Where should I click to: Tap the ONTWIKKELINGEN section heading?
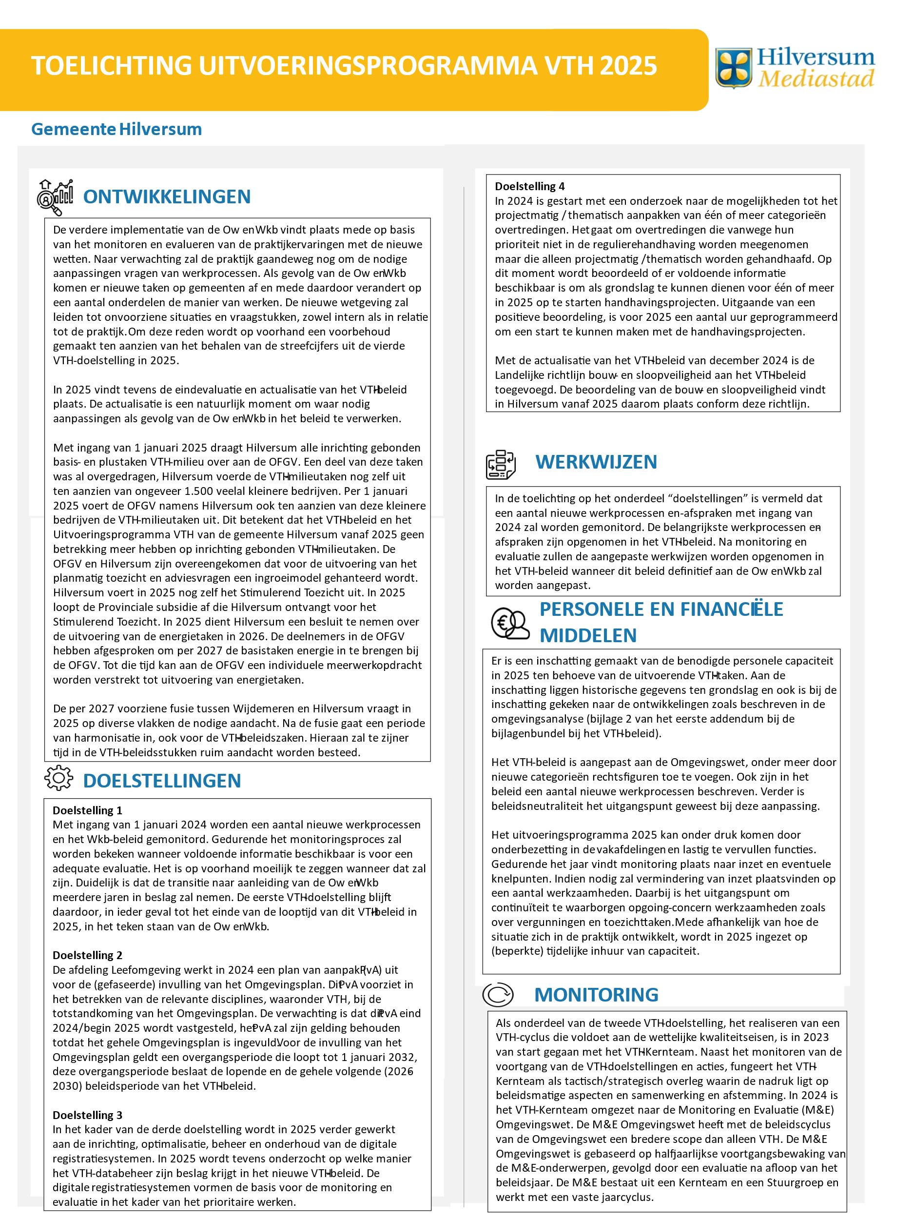pyautogui.click(x=166, y=197)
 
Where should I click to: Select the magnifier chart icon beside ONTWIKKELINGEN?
pyautogui.click(x=55, y=197)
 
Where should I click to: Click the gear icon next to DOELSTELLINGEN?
pyautogui.click(x=58, y=778)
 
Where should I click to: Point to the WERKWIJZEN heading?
pyautogui.click(x=596, y=462)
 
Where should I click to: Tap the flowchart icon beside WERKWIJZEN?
pyautogui.click(x=500, y=464)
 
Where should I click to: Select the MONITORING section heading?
pyautogui.click(x=596, y=995)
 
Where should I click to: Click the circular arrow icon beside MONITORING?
pyautogui.click(x=498, y=995)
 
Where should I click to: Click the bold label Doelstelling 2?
pyautogui.click(x=88, y=955)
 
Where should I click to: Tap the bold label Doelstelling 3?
pyautogui.click(x=88, y=1115)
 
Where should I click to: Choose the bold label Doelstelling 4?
pyautogui.click(x=529, y=186)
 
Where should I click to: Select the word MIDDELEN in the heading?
pyautogui.click(x=588, y=635)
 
